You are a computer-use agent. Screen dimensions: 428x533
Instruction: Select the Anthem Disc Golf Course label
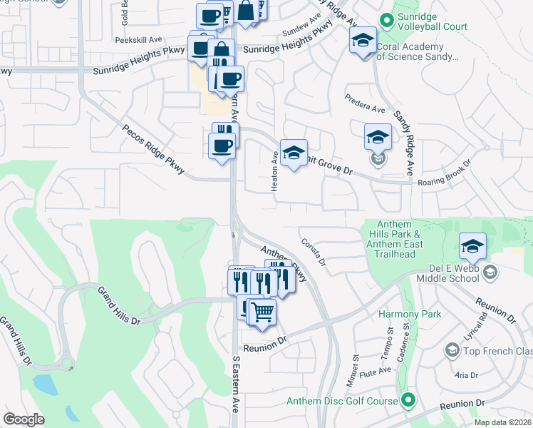341,401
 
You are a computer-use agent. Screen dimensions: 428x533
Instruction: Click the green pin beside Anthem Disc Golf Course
408,400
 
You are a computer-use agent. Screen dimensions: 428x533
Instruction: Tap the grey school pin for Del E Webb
490,272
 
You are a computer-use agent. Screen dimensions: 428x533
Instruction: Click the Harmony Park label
410,314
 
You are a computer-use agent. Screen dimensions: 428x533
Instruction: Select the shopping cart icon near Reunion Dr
262,311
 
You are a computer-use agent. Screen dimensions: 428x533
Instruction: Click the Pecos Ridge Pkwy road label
154,151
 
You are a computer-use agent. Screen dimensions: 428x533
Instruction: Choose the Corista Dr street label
313,252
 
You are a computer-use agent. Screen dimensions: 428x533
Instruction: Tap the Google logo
24,419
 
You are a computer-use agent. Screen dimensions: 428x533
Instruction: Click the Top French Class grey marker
451,350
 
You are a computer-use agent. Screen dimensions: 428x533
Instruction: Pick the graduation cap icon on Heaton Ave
294,153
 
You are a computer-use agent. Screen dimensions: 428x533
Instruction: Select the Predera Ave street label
364,103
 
